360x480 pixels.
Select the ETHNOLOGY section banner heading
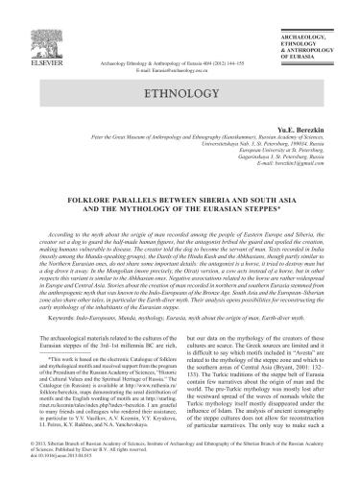click(179, 96)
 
